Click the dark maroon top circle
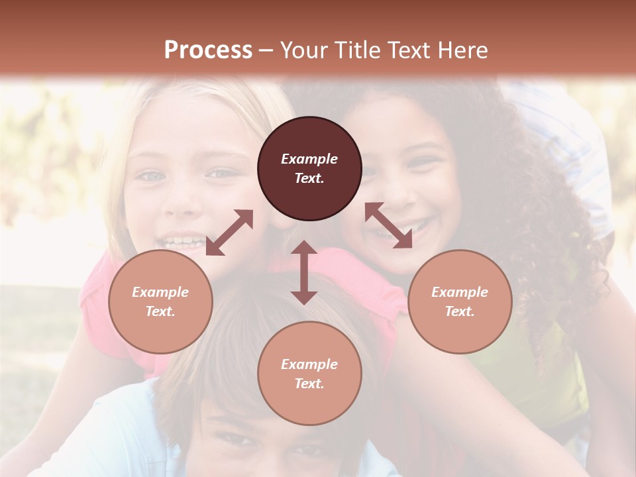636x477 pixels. tap(309, 168)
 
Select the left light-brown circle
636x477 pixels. tap(160, 301)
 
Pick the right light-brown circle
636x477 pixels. tap(460, 301)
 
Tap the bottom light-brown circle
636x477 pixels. tap(309, 374)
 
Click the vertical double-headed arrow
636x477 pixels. tap(304, 272)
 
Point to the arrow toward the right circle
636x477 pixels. tap(388, 225)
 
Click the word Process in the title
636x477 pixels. tap(208, 50)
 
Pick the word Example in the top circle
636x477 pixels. tap(309, 159)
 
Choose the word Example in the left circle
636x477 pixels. tap(160, 292)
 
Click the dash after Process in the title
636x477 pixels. tap(266, 50)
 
